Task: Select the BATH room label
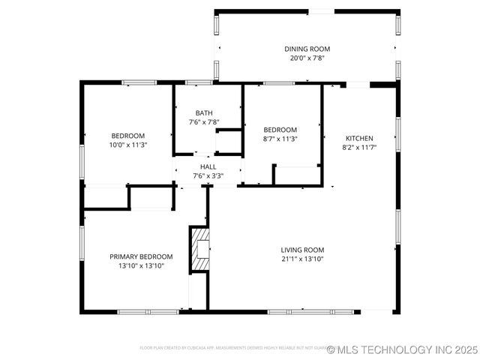pyautogui.click(x=204, y=112)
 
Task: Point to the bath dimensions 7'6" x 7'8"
pyautogui.click(x=204, y=122)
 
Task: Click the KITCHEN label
pyautogui.click(x=359, y=138)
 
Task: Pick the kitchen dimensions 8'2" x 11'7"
pyautogui.click(x=359, y=148)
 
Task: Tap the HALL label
pyautogui.click(x=208, y=166)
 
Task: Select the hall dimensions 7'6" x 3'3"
pyautogui.click(x=208, y=176)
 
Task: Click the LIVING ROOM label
pyautogui.click(x=302, y=250)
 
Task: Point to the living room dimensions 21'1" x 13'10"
pyautogui.click(x=302, y=259)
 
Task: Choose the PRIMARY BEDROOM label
pyautogui.click(x=141, y=256)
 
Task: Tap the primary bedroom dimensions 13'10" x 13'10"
pyautogui.click(x=141, y=265)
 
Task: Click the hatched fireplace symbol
pyautogui.click(x=200, y=248)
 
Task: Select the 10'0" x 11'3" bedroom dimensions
pyautogui.click(x=128, y=145)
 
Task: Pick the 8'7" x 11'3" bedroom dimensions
pyautogui.click(x=280, y=139)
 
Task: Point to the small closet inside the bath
pyautogui.click(x=229, y=142)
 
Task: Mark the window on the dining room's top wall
pyautogui.click(x=321, y=11)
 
